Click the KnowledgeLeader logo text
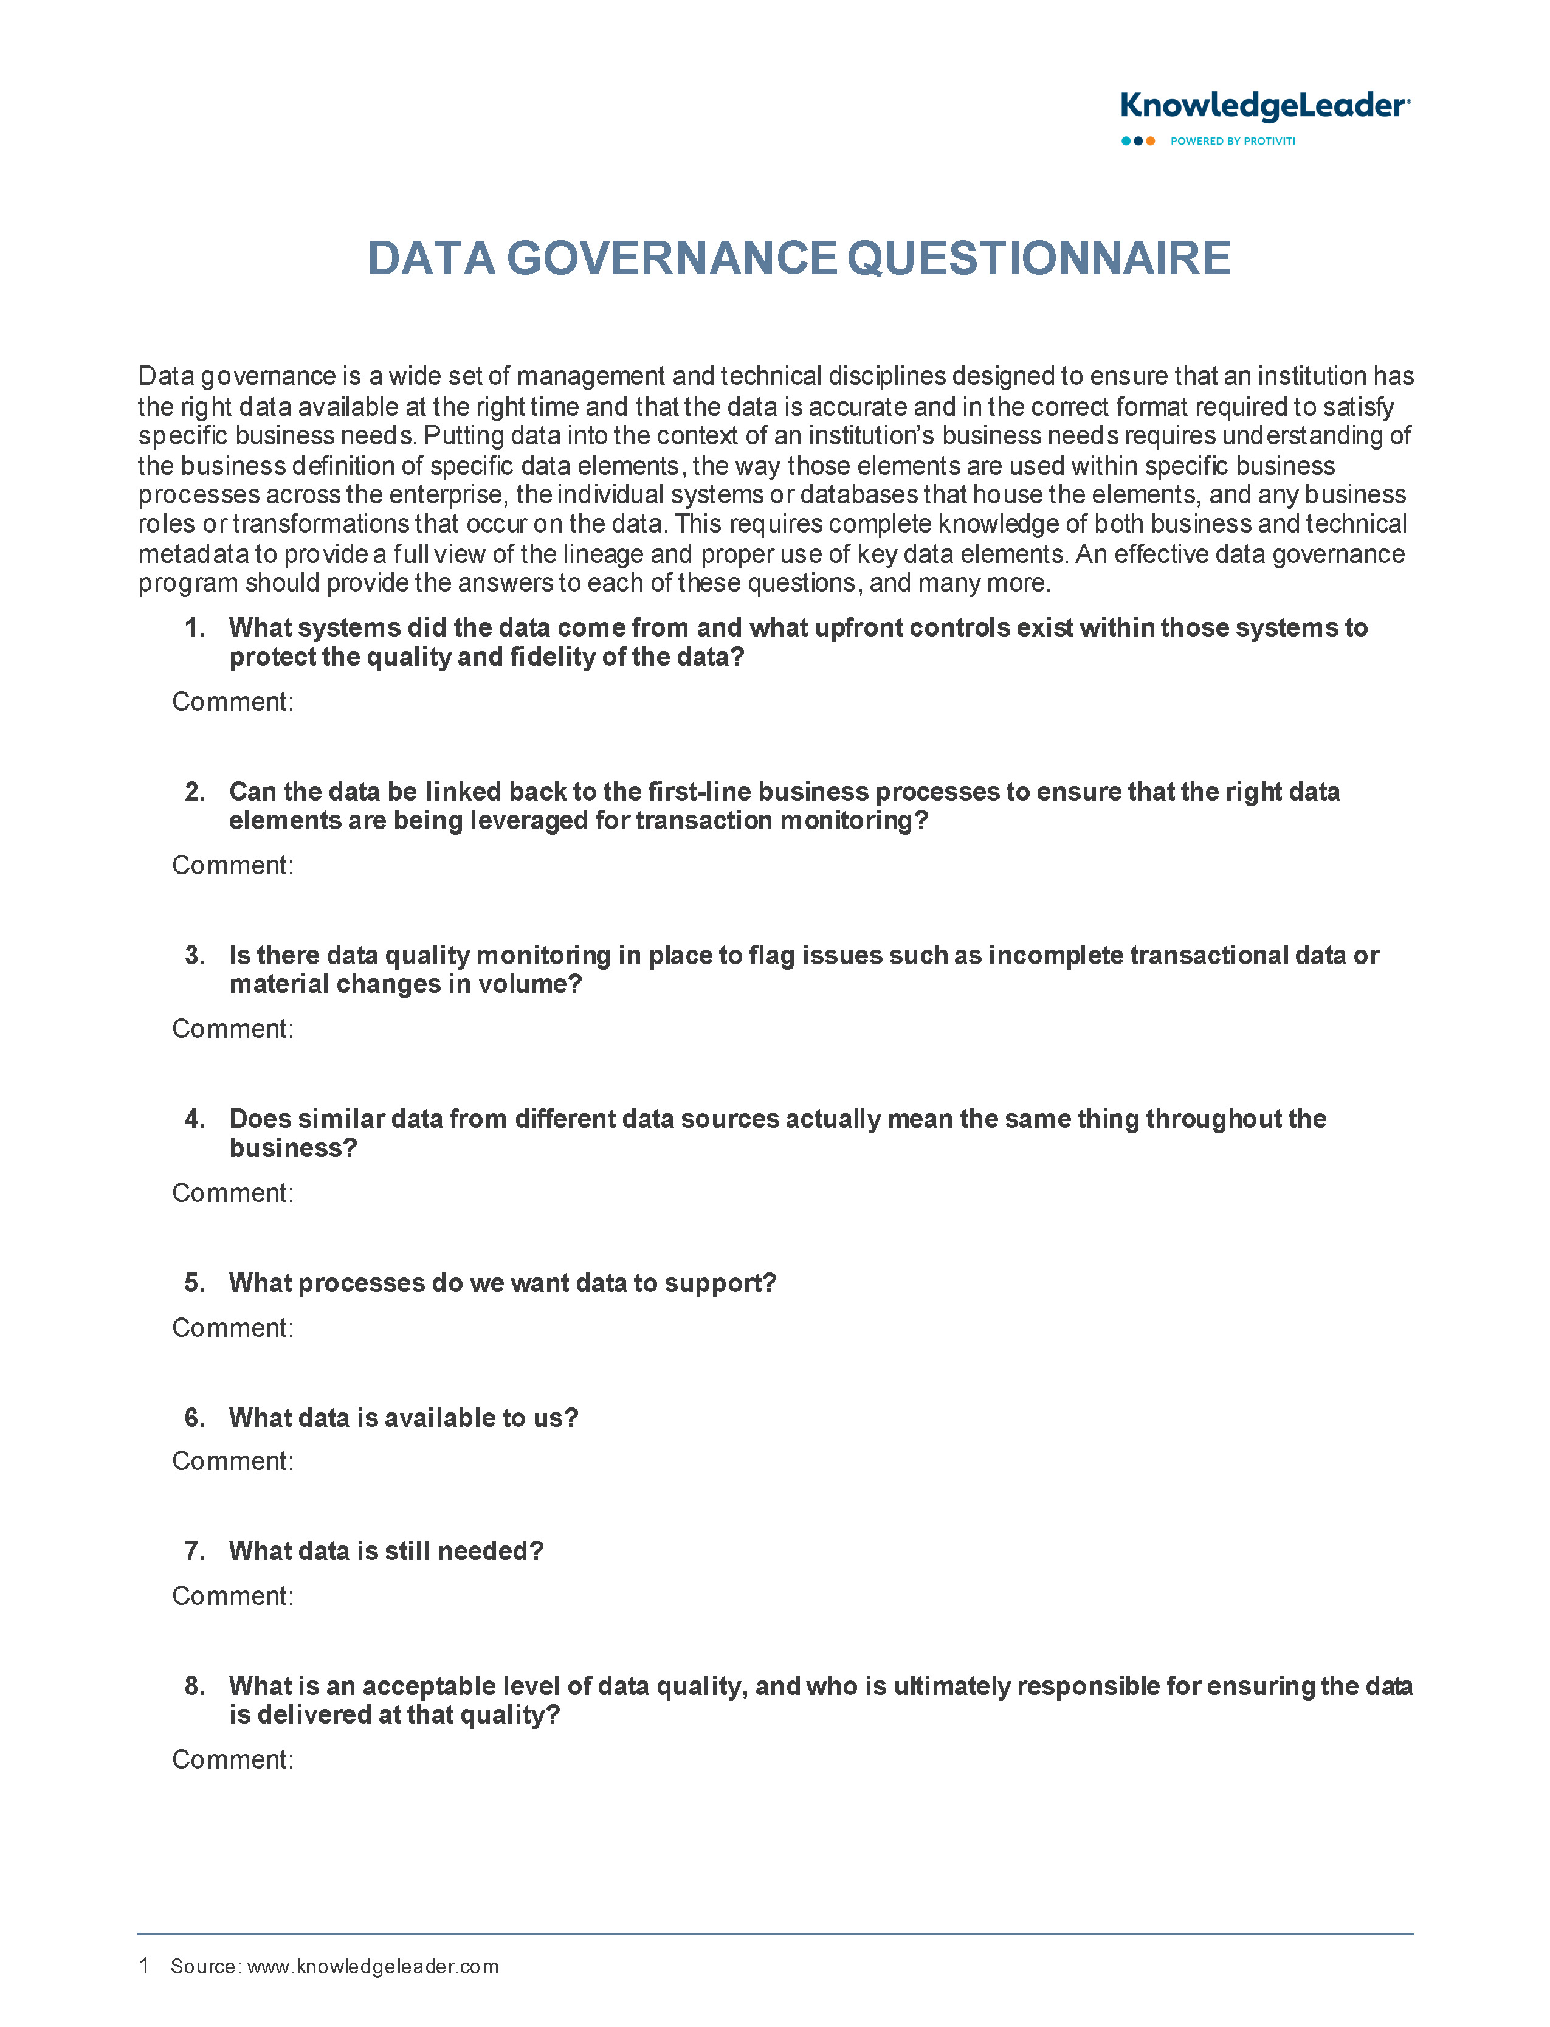click(x=1264, y=106)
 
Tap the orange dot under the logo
click(x=1151, y=141)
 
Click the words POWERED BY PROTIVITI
click(x=1233, y=141)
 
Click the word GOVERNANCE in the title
click(x=672, y=258)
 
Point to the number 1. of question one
click(x=195, y=627)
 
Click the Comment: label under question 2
click(x=232, y=865)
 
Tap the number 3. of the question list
click(x=195, y=955)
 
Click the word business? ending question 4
click(x=292, y=1148)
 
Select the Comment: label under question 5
click(x=232, y=1328)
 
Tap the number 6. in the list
click(x=195, y=1418)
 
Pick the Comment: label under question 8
click(x=232, y=1759)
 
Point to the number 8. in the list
click(x=195, y=1686)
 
